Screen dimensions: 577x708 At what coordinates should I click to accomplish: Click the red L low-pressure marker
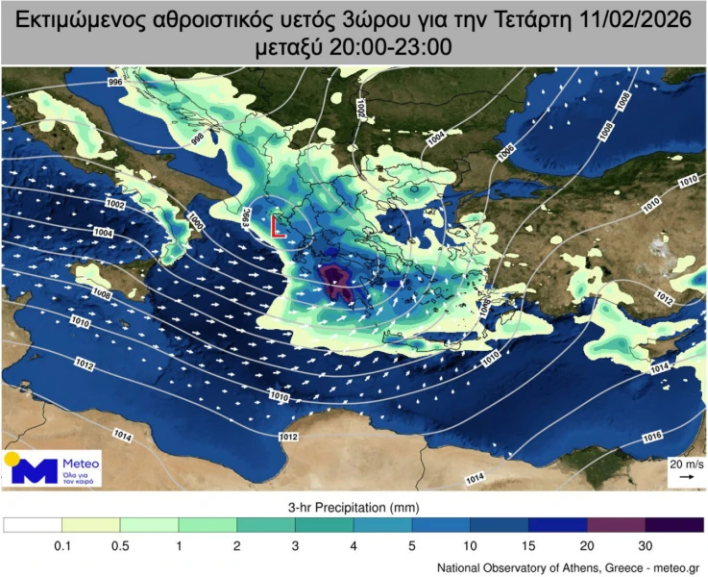278,228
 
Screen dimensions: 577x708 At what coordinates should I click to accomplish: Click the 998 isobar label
198,139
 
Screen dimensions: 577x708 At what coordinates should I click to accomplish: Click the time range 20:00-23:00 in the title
378,48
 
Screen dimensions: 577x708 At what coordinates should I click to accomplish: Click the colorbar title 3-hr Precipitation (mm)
353,506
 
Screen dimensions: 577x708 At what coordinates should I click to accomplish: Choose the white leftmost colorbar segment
33,524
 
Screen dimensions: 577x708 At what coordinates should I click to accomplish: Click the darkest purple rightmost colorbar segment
674,524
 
